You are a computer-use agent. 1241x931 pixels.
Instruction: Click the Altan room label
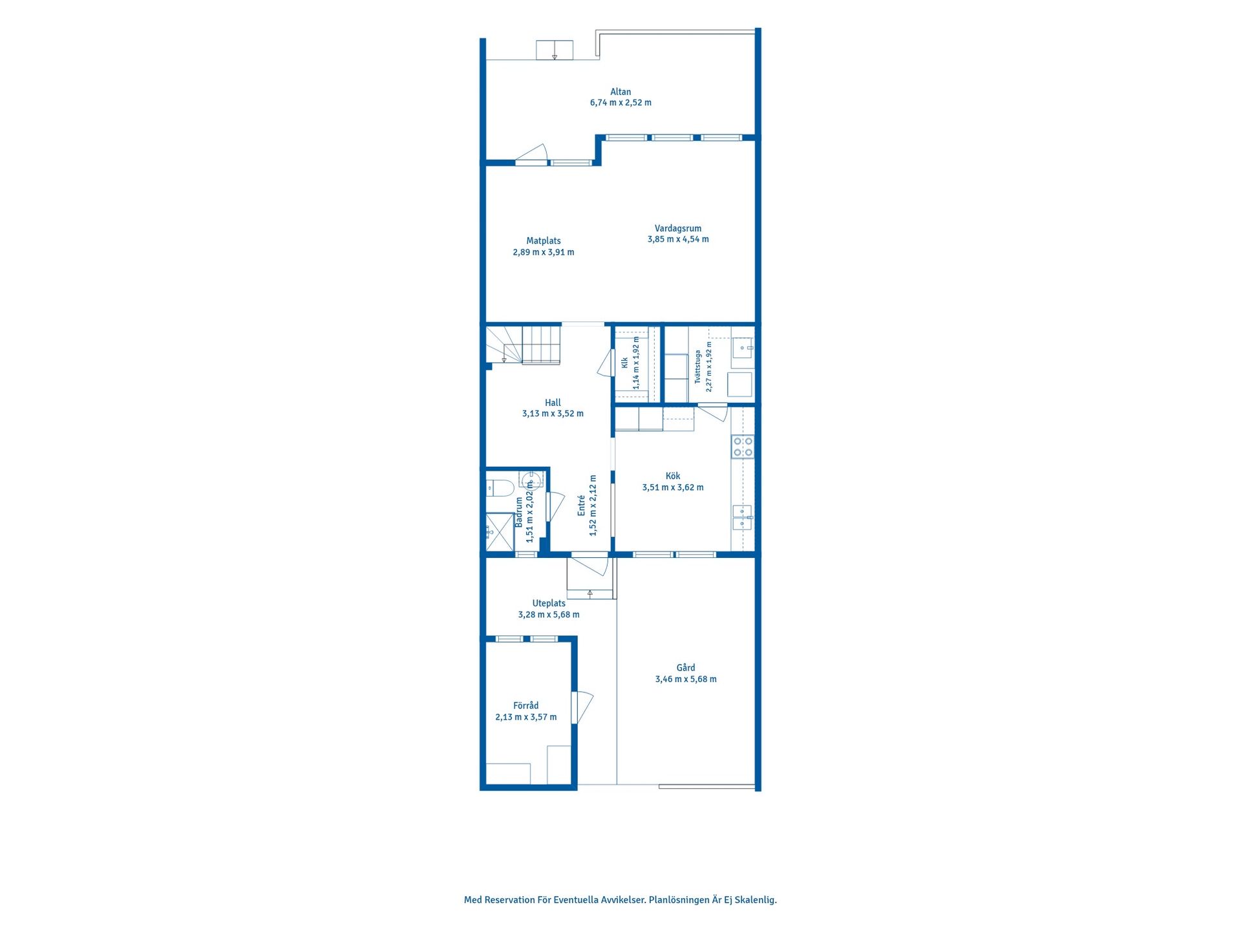coord(620,92)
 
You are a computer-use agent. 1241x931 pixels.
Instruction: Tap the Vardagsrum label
coord(678,228)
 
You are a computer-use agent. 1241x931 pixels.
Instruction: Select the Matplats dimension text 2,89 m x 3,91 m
coord(544,252)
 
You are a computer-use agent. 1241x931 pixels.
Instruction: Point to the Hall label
coord(553,402)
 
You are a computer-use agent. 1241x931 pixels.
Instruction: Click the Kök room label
coord(673,476)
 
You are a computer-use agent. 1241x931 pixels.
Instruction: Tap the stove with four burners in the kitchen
coord(743,447)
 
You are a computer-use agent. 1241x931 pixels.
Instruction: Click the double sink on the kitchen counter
coord(742,518)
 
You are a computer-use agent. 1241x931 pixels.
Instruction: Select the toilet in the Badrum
coord(500,487)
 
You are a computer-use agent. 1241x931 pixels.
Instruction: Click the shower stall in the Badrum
coord(500,532)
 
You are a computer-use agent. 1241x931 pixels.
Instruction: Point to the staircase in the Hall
coord(523,345)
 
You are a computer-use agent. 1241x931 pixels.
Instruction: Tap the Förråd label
coord(526,705)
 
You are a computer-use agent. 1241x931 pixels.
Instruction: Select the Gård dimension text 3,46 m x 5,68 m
coord(686,679)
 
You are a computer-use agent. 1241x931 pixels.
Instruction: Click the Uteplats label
coord(549,603)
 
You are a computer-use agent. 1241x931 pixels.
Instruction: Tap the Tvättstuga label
coord(698,367)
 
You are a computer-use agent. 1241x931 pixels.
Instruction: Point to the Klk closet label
coord(625,363)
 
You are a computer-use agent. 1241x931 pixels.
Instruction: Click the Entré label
coord(581,506)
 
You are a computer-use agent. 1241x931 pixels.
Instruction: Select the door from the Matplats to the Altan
coord(531,155)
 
